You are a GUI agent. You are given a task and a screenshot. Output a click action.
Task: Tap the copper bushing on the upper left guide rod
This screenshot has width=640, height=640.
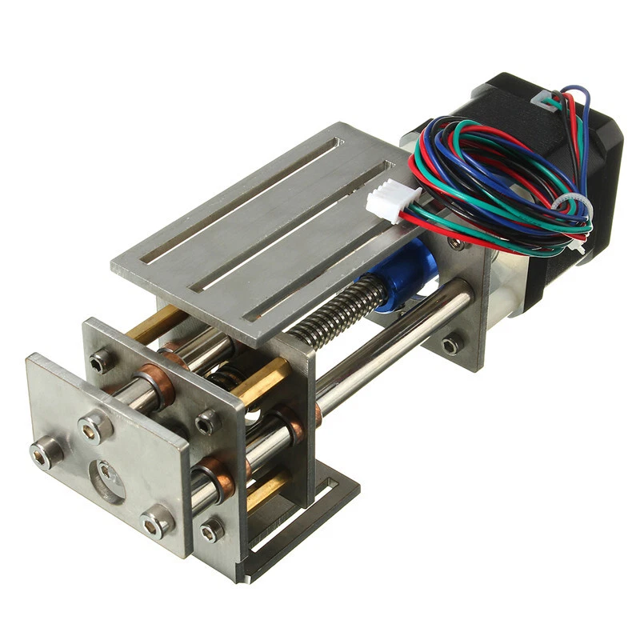(156, 384)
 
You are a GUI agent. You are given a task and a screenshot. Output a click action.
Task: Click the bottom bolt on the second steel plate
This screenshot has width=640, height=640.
(211, 530)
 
